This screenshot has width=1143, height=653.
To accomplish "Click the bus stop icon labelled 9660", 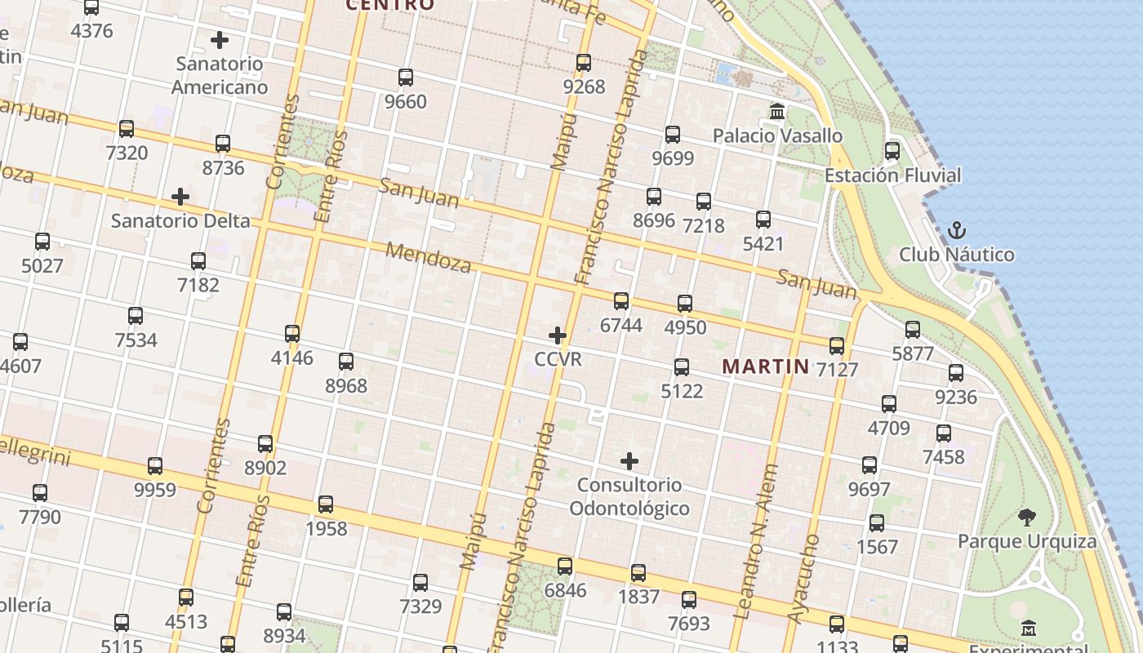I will [406, 78].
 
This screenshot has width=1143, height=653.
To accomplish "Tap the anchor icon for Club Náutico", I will [956, 230].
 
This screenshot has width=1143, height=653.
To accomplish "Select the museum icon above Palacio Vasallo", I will [777, 111].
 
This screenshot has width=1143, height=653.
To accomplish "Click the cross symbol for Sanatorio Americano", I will [219, 39].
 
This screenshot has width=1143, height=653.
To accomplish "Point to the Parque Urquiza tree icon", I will [1027, 517].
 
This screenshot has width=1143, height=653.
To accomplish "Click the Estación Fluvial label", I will [892, 175].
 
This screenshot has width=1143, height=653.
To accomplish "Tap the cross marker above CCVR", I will [558, 335].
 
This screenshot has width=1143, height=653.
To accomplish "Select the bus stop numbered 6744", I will [621, 301].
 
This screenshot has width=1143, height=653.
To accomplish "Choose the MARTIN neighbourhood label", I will [766, 366].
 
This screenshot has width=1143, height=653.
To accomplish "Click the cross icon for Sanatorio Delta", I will [180, 197].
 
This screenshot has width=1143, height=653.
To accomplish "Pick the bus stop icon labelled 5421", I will [763, 220].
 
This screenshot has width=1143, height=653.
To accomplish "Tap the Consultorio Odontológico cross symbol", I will [629, 461].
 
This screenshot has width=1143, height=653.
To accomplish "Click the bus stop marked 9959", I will [155, 466].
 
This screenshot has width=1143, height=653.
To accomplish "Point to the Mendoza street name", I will [429, 258].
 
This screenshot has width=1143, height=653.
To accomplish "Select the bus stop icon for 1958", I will [326, 504].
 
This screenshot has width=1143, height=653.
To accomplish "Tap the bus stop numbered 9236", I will [956, 373].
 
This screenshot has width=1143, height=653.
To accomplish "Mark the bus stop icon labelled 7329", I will [420, 583].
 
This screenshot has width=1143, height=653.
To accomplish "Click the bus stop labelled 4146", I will [292, 334].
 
